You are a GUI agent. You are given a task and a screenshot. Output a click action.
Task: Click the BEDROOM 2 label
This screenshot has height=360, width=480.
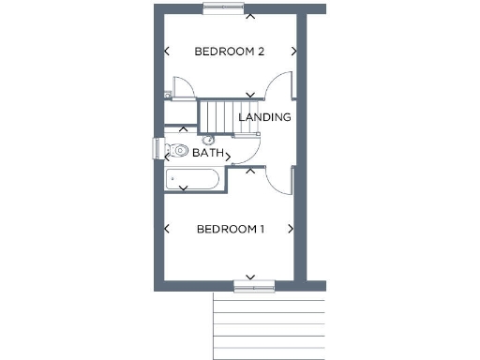(229, 51)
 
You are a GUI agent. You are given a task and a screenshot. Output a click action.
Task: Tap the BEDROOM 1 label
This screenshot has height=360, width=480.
(230, 229)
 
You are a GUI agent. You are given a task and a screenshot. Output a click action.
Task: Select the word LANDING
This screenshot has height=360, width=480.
(264, 117)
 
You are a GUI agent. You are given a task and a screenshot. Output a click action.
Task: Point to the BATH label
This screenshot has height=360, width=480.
(207, 152)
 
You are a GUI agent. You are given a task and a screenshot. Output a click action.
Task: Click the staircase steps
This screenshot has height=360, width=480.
(218, 116)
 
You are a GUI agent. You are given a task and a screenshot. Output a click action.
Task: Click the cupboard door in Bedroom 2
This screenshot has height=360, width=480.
(184, 85)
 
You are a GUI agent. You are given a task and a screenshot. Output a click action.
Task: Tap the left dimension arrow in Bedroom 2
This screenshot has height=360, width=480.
(167, 52)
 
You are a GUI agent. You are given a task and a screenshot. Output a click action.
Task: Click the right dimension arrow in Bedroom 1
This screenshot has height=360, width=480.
(292, 229)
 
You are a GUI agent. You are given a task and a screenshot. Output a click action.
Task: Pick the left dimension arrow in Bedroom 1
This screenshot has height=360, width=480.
(167, 229)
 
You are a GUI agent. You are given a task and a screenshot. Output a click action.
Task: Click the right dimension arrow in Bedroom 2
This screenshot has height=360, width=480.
(294, 52)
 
